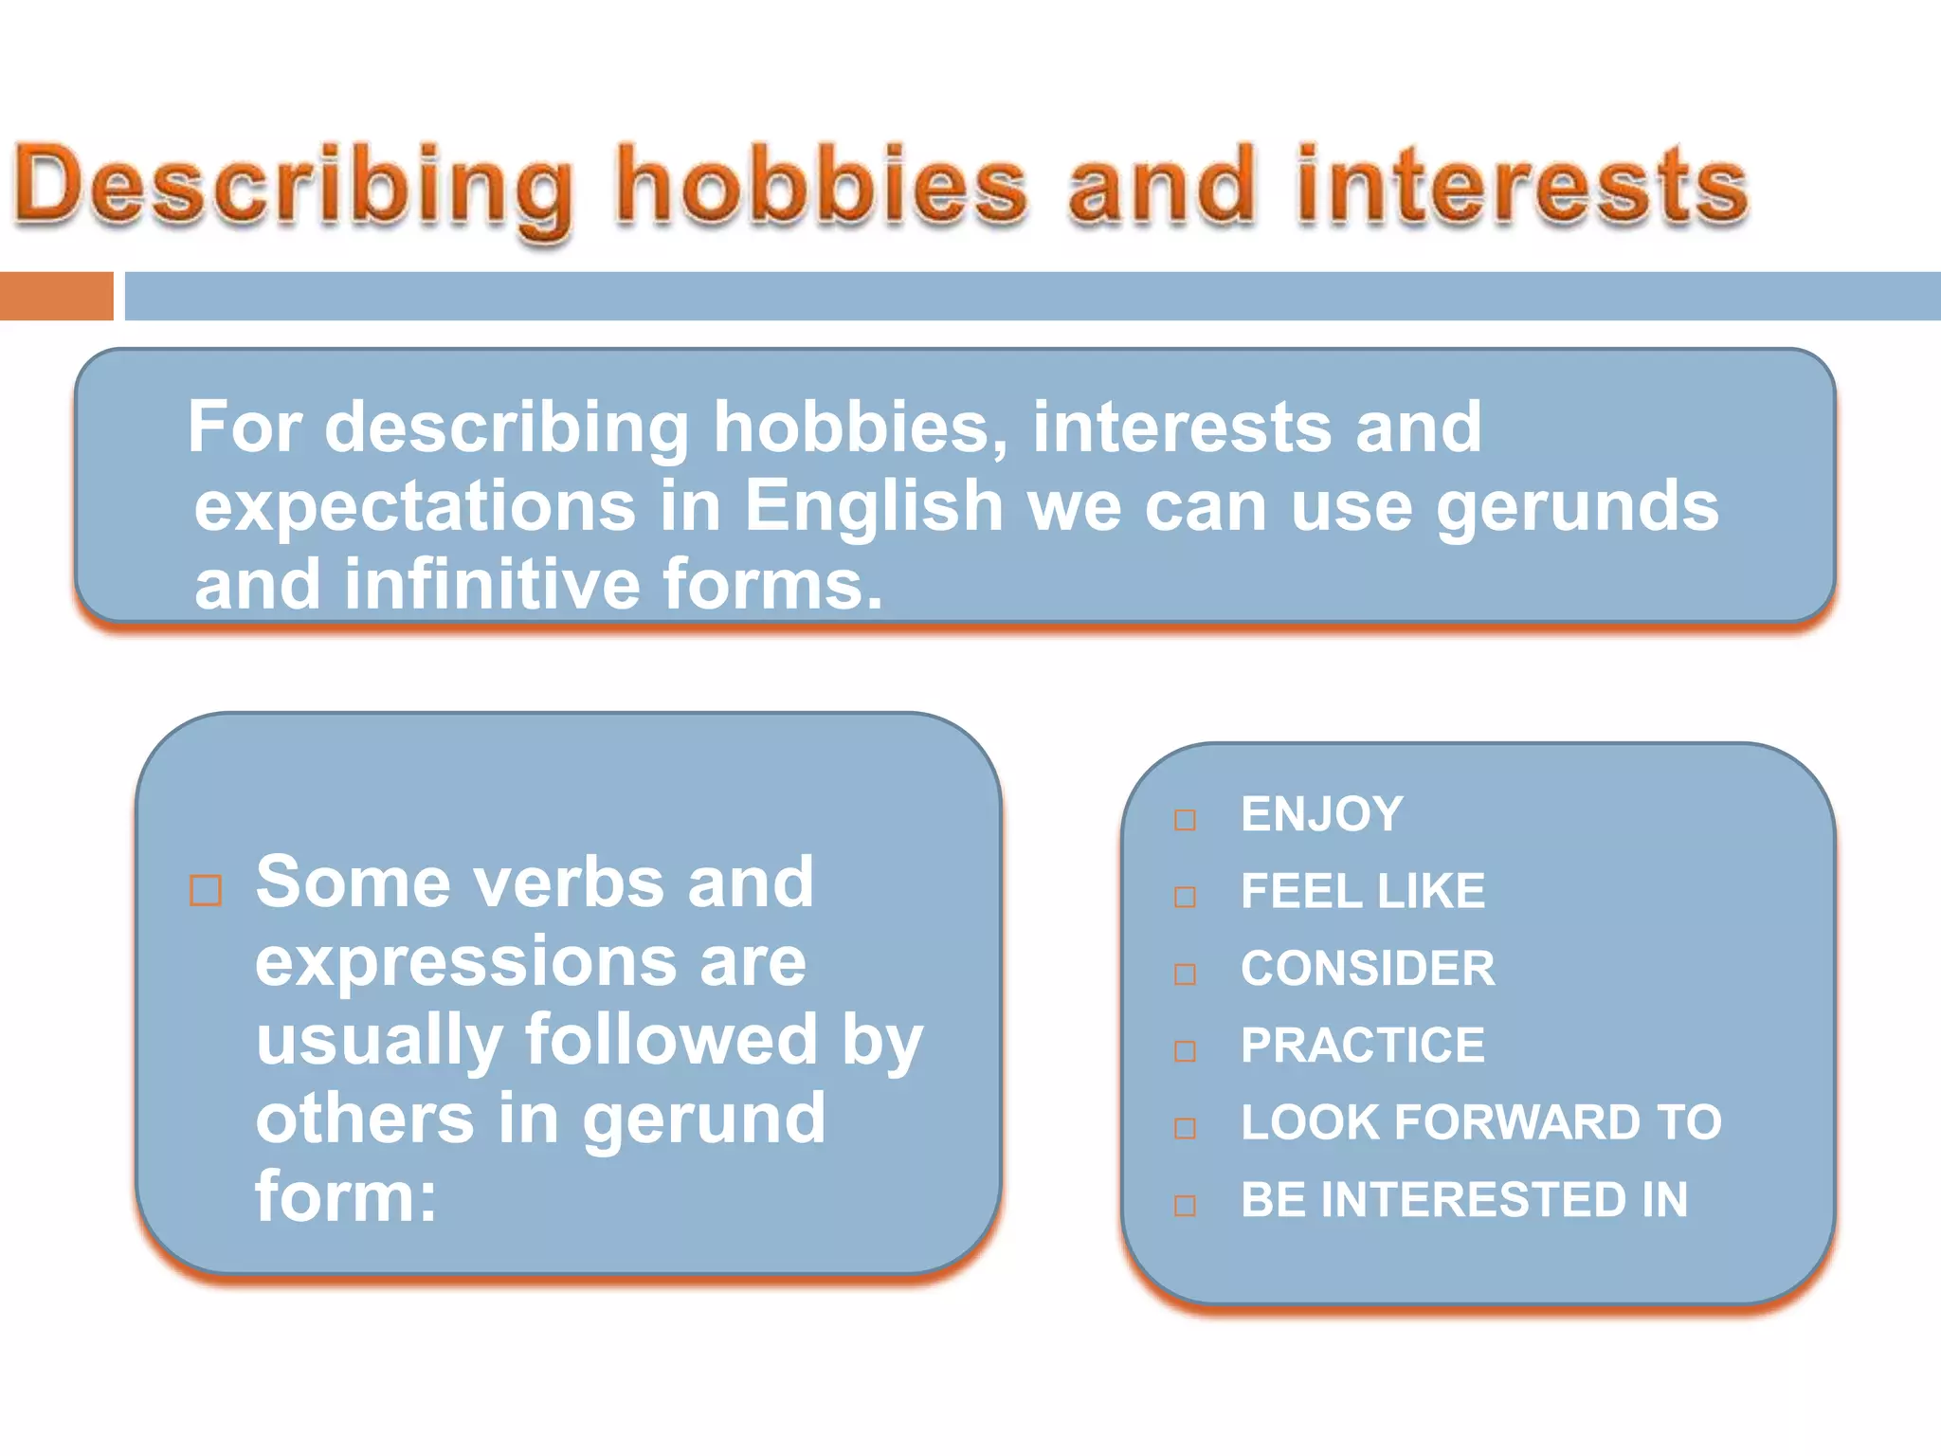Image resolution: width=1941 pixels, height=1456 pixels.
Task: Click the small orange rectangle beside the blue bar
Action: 56,296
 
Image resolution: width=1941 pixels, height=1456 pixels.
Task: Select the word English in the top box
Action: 873,505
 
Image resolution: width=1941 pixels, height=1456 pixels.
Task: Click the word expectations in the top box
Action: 414,505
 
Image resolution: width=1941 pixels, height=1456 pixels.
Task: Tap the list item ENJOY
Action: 1321,814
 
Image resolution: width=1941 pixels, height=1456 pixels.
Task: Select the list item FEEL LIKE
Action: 1362,891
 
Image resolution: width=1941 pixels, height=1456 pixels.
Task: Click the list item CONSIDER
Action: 1367,969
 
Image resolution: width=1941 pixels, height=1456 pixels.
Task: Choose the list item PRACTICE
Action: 1362,1046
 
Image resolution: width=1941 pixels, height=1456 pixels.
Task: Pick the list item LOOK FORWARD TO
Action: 1480,1122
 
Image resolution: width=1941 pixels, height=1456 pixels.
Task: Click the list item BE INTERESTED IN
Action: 1463,1199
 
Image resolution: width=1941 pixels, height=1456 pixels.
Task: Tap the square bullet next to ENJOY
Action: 1185,820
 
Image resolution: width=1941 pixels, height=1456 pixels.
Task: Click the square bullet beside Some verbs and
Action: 206,891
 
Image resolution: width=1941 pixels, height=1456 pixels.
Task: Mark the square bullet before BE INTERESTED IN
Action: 1185,1206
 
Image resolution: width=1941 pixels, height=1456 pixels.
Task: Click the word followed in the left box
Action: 671,1040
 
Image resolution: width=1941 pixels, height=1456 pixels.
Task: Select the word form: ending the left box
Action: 346,1196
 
